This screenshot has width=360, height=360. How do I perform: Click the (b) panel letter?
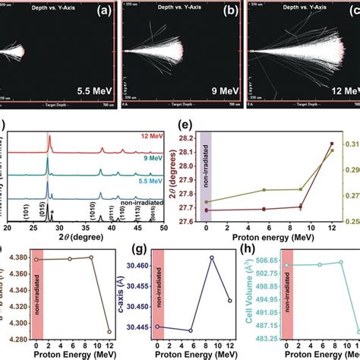pos(226,15)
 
